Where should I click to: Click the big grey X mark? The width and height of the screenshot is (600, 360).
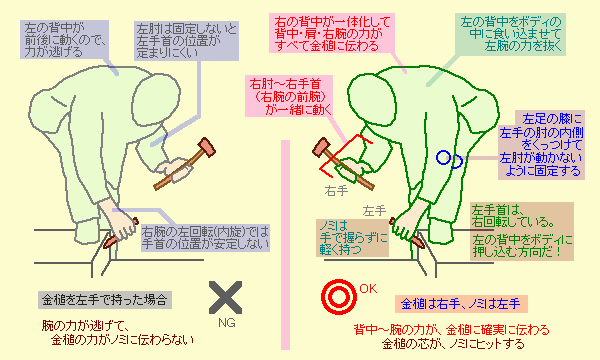tap(225, 298)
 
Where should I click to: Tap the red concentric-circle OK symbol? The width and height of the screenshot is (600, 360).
tap(339, 297)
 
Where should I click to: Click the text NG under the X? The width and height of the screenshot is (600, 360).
tap(227, 323)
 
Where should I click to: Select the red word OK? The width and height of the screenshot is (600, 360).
tap(368, 288)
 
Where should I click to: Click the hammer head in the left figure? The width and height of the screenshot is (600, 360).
tap(207, 147)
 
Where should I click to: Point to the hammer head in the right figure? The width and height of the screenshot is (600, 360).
tap(321, 148)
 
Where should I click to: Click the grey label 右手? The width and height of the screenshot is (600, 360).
tap(336, 191)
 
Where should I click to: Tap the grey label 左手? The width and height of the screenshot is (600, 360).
tap(374, 210)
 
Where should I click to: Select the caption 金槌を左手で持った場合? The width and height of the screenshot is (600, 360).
tap(105, 300)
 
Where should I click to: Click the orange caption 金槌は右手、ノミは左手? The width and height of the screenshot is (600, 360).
tap(461, 304)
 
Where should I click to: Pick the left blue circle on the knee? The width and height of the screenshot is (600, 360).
tap(443, 157)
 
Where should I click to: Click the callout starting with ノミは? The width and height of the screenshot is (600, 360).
tap(352, 238)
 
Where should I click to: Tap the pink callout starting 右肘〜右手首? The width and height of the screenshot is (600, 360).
tap(289, 96)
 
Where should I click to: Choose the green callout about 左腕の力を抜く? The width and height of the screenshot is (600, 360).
tap(510, 35)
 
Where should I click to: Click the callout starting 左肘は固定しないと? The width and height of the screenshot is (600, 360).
tap(186, 41)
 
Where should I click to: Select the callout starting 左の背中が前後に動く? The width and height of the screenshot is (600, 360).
tap(64, 40)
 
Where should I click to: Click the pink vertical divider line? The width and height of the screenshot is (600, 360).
tap(285, 245)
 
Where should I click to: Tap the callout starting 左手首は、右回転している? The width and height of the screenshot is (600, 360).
tap(522, 231)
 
